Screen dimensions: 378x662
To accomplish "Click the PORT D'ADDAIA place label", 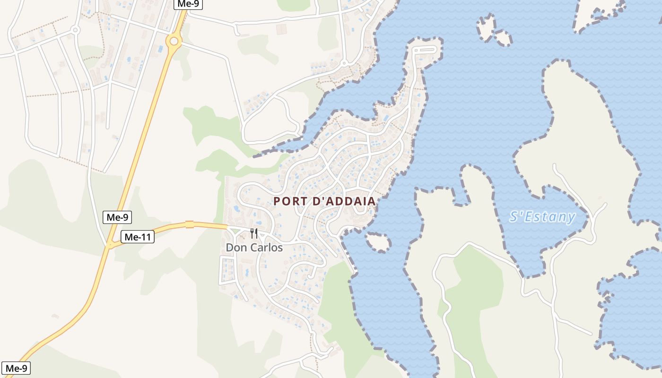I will pos(324,201).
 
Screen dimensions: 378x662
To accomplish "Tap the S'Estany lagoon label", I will pos(542,217).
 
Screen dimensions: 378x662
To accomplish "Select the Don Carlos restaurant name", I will pos(254,248).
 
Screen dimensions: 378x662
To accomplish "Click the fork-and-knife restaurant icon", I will pos(254,233).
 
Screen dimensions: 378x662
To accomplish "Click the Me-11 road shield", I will pos(138,237).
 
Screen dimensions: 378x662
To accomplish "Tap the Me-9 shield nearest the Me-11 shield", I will pos(117,217).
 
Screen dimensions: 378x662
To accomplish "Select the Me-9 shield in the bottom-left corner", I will pos(16,368).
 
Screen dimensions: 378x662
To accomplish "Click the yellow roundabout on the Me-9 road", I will pos(174,41).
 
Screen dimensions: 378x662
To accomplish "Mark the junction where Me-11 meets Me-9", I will pos(110,244).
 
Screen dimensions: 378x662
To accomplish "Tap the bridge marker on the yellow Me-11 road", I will pos(190,224).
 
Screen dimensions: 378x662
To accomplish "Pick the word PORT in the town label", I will pos(290,201).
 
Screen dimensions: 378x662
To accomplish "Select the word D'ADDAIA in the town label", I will pos(344,201).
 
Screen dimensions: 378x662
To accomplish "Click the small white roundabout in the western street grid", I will pos(75,30).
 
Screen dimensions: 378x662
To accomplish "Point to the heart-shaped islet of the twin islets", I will pos(486,27).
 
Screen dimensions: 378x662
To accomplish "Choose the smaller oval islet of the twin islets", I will pos(503,38).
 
